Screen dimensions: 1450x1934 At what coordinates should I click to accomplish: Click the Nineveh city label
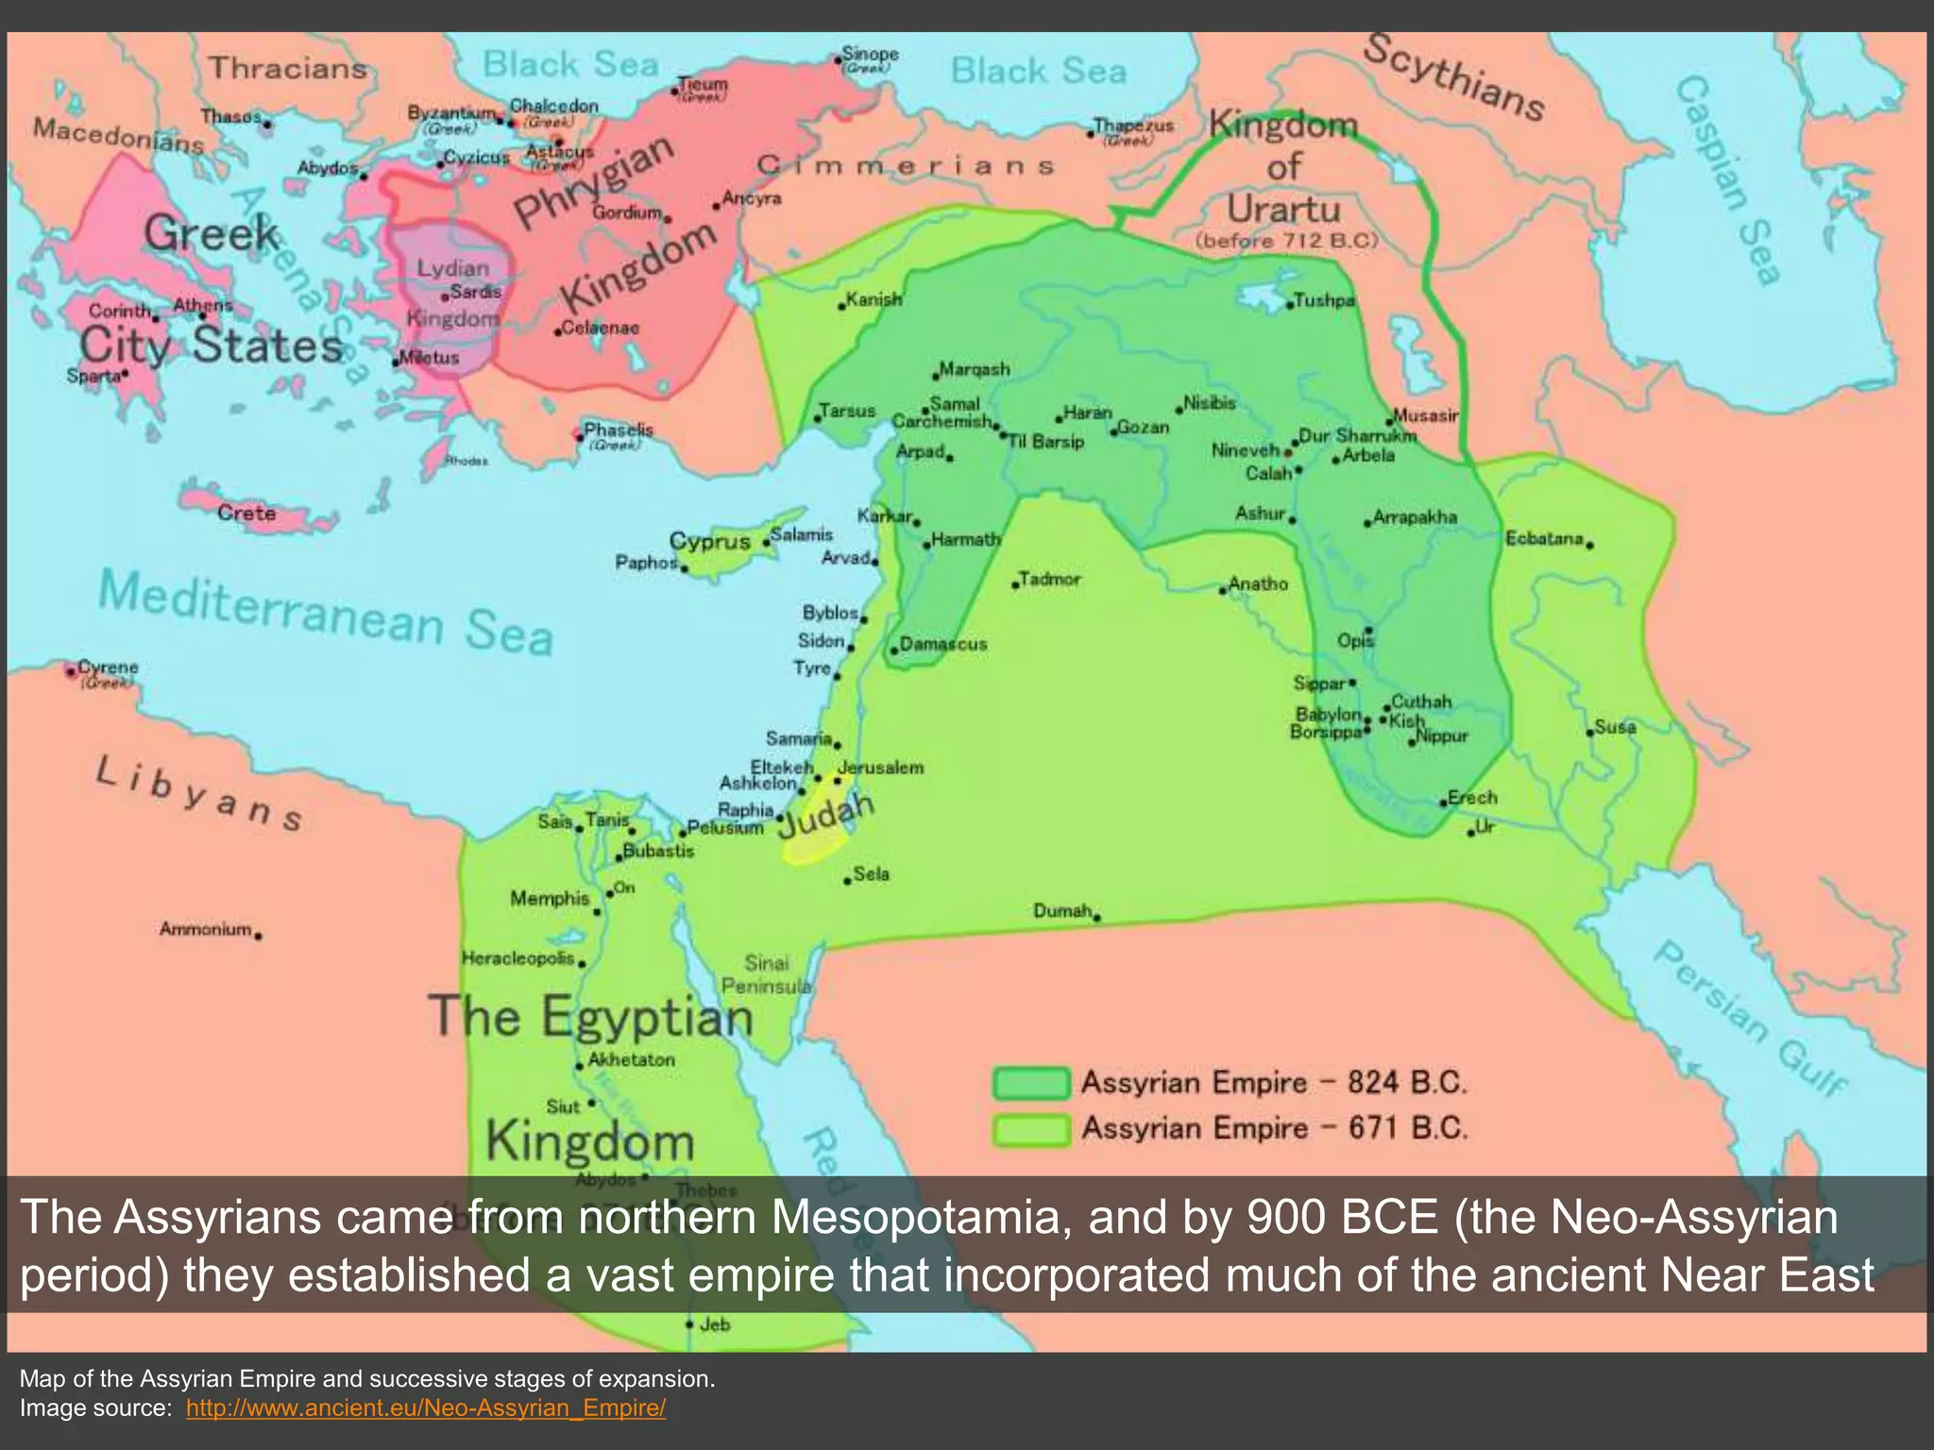click(x=1245, y=450)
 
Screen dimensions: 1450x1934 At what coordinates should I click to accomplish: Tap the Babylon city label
click(x=1328, y=715)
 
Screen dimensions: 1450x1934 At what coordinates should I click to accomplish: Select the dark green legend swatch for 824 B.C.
click(x=1031, y=1083)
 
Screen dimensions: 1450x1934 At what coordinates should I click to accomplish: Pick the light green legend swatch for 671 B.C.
click(x=1031, y=1129)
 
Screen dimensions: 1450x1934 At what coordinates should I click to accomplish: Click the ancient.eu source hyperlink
click(x=425, y=1408)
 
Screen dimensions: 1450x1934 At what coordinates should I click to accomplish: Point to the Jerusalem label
click(x=880, y=767)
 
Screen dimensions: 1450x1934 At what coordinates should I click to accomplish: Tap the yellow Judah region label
click(x=825, y=815)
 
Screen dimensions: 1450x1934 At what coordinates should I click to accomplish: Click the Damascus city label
click(x=942, y=644)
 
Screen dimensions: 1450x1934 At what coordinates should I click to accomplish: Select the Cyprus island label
click(x=709, y=542)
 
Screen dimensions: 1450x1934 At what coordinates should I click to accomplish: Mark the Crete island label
click(x=246, y=513)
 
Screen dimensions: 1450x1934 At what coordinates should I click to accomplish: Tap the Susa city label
click(x=1615, y=727)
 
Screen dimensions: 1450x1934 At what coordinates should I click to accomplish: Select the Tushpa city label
click(x=1324, y=300)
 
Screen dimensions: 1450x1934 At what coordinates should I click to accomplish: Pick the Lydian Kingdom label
click(x=453, y=293)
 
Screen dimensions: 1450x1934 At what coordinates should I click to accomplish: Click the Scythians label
click(x=1454, y=77)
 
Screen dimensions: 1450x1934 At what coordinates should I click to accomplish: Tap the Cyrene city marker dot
click(x=71, y=671)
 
